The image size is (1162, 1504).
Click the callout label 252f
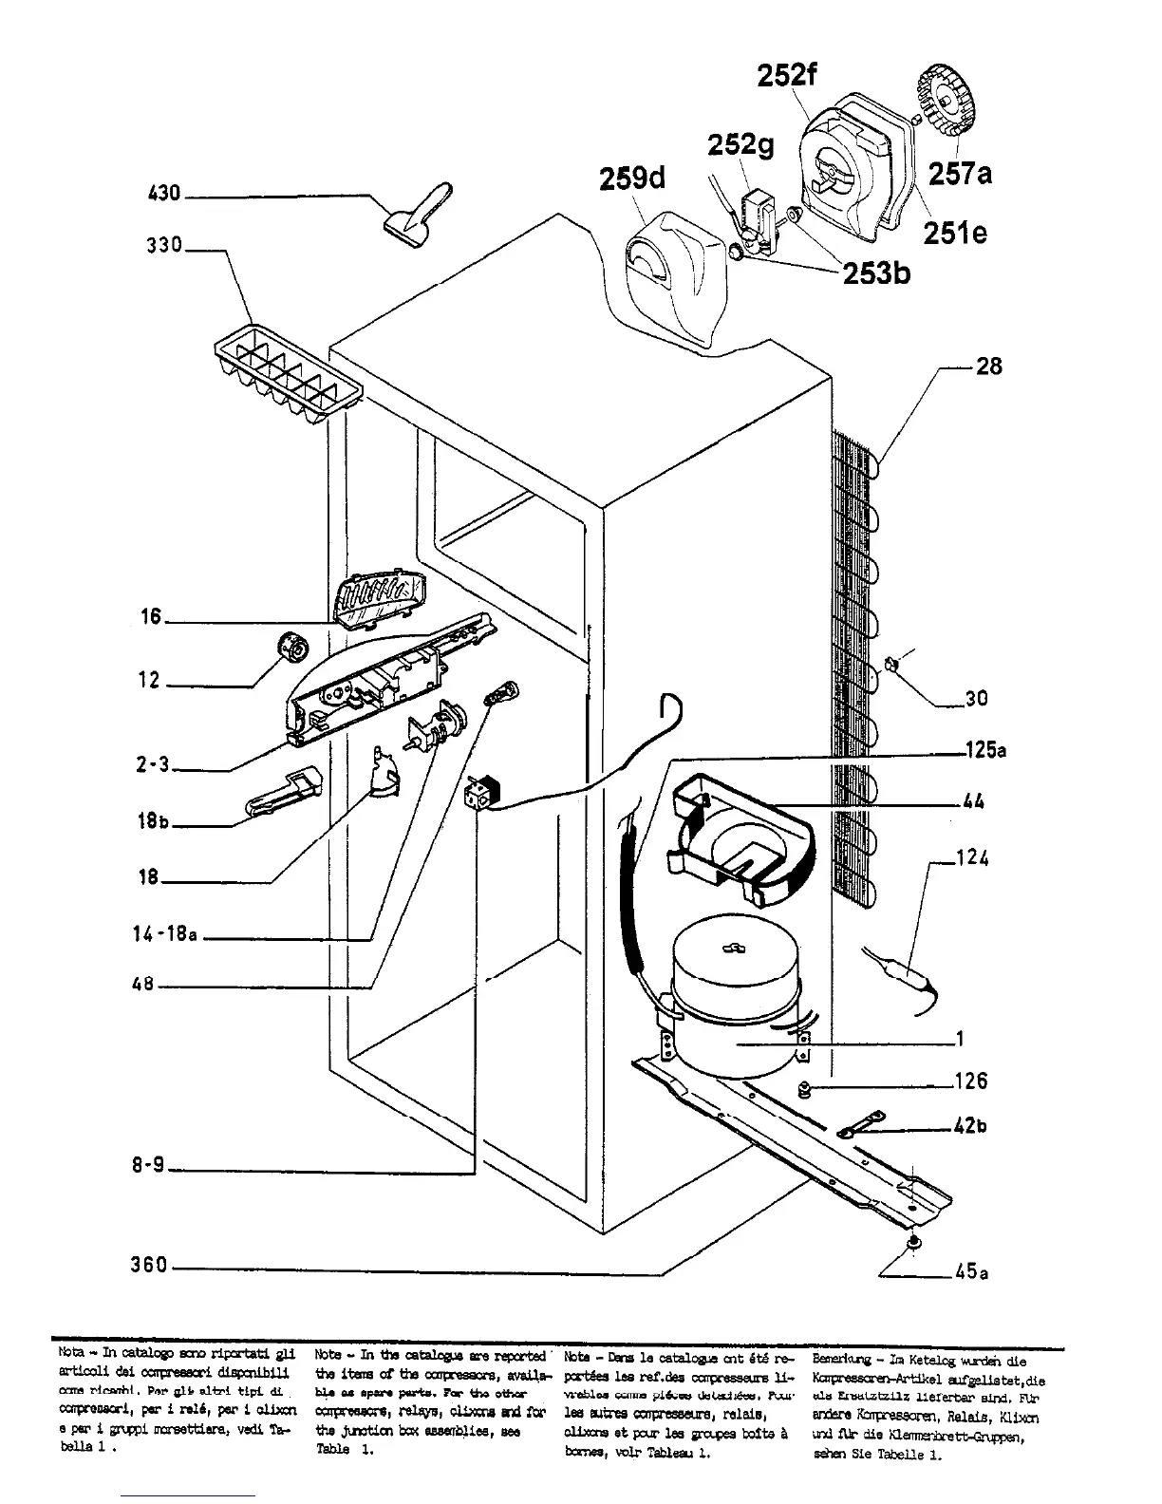787,75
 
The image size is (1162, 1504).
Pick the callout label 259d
631,179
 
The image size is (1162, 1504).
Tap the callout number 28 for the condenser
988,366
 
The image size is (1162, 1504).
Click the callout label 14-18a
164,934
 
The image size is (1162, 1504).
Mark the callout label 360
149,1265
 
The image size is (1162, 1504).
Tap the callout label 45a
971,1272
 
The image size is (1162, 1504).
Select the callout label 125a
984,751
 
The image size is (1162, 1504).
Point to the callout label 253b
879,273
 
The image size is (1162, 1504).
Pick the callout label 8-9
148,1164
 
